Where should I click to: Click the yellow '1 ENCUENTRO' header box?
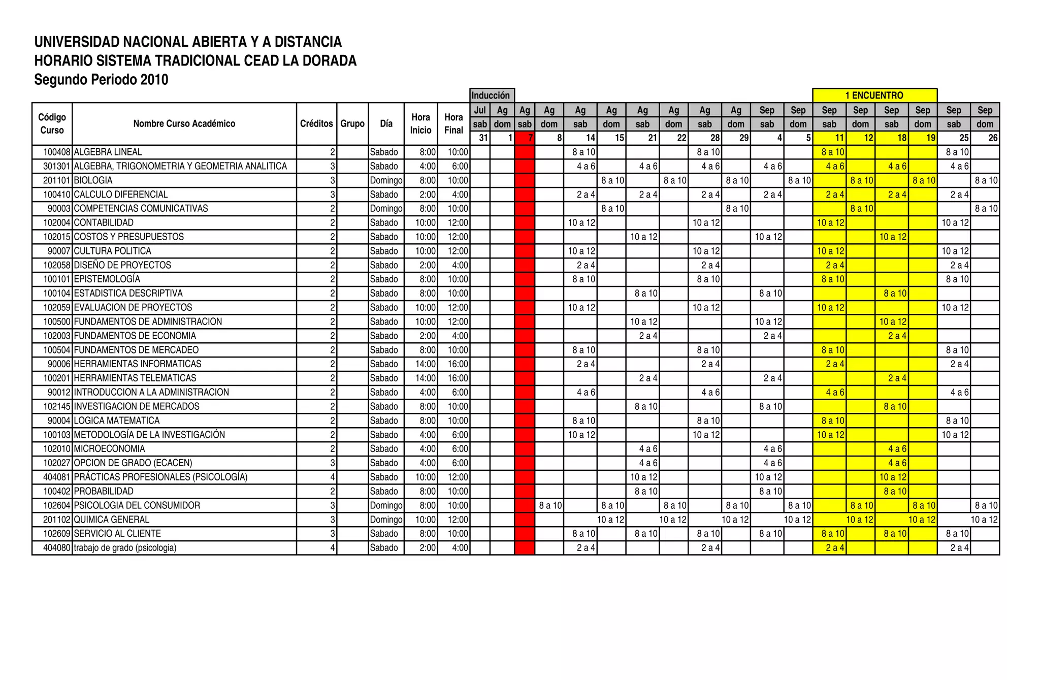pos(874,95)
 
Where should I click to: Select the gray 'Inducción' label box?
pos(491,95)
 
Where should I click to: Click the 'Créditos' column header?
pos(316,124)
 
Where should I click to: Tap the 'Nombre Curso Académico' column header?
pos(184,124)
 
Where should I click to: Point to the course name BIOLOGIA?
pos(93,180)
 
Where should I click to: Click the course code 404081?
pos(56,477)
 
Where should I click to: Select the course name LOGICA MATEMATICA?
pos(117,420)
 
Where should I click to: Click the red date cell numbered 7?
pos(525,138)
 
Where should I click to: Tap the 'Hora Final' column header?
pos(453,124)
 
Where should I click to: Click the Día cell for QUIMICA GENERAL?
pos(386,520)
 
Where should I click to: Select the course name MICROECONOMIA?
pos(110,449)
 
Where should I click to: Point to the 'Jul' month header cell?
pos(480,110)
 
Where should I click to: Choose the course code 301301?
pos(56,166)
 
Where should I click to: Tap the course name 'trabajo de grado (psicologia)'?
pos(125,548)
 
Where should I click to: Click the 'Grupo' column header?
pos(352,124)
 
